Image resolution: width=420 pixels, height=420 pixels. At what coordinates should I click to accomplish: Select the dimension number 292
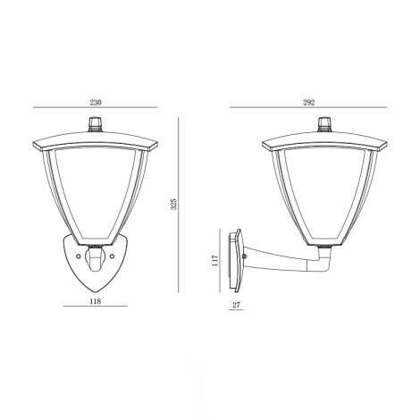(x=309, y=100)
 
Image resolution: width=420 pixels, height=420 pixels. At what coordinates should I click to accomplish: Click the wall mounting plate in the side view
(x=236, y=262)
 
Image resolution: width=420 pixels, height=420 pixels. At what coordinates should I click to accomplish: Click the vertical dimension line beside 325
(x=180, y=205)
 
